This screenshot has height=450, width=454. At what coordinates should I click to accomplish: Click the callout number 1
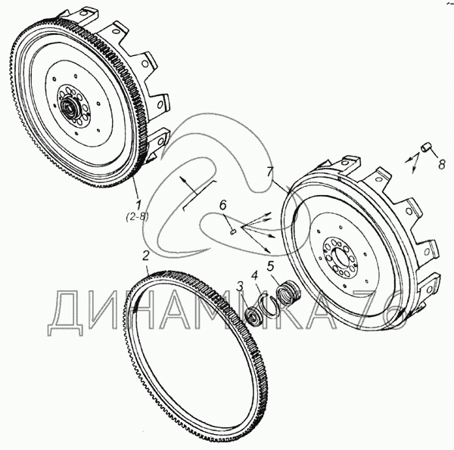[x=138, y=203]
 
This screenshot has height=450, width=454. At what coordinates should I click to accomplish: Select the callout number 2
[x=145, y=255]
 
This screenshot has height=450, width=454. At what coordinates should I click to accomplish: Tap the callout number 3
[x=241, y=285]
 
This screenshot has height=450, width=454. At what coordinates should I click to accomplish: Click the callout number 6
[x=223, y=205]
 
